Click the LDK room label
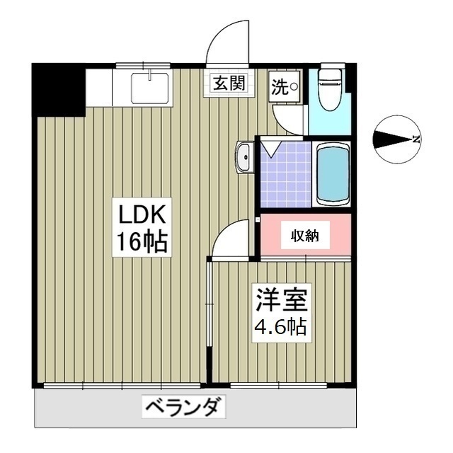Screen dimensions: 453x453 coord(142,213)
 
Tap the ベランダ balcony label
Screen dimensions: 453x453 coord(185,408)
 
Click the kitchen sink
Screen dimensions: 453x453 coord(149,86)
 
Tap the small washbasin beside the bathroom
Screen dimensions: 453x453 coord(244,156)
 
